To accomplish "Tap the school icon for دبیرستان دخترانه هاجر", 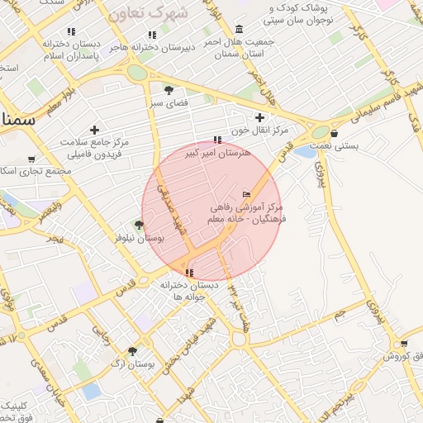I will tap(151, 35).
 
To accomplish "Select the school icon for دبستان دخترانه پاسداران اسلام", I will tap(71, 31).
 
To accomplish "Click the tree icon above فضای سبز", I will tap(169, 89).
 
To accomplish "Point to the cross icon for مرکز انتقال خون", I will tap(260, 117).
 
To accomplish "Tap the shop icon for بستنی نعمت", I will tap(334, 132).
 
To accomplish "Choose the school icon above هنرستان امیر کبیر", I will tap(217, 140).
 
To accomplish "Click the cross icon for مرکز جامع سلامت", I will tap(95, 130).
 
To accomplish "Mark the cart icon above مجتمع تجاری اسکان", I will tap(31, 159).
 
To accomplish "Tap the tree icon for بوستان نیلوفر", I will tap(139, 225).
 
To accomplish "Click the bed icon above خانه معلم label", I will tap(246, 194).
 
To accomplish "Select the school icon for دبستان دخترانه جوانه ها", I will tap(190, 272).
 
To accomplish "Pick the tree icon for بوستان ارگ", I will tap(132, 350).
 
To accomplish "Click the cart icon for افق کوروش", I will tap(403, 344).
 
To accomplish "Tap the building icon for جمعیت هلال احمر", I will tap(240, 30).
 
